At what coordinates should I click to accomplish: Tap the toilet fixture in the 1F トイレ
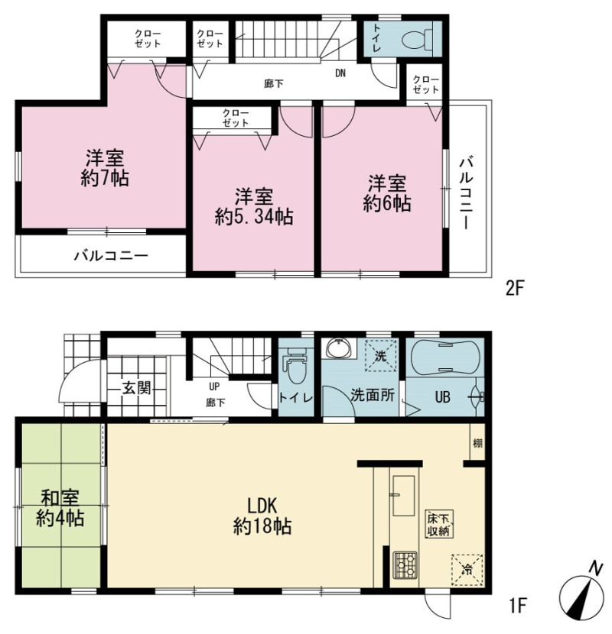tap(295, 367)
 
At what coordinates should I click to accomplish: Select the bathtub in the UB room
tap(445, 356)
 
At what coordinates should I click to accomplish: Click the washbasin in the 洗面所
tap(340, 348)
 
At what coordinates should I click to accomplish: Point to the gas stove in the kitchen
tap(405, 564)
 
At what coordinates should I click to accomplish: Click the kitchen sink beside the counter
tap(404, 496)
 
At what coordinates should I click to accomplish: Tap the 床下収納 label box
tap(439, 525)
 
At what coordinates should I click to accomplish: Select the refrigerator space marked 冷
tap(467, 570)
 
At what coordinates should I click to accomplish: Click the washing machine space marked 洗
tap(381, 356)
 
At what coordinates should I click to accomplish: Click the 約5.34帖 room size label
tap(254, 218)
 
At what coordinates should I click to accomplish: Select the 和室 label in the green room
tap(60, 498)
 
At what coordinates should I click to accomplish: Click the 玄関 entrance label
tap(137, 388)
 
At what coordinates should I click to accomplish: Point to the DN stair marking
tap(340, 73)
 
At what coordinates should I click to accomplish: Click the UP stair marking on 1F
tap(214, 387)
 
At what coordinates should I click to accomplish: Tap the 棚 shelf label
tap(478, 443)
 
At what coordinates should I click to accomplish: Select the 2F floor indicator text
tap(515, 289)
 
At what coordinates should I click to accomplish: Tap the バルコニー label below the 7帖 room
tap(111, 256)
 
